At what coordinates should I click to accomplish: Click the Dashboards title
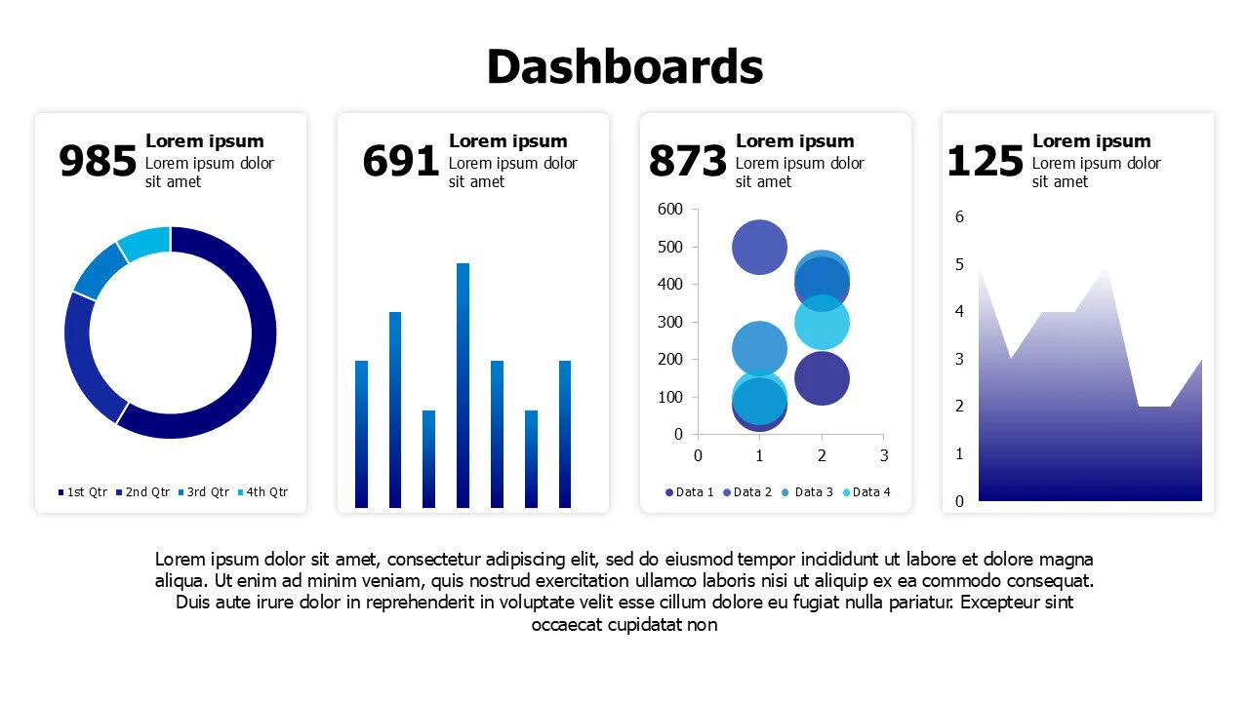coord(624,67)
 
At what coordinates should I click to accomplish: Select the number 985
coord(98,162)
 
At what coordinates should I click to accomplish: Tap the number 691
coord(400,162)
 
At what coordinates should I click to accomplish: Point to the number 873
coord(688,162)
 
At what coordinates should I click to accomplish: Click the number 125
coord(986,162)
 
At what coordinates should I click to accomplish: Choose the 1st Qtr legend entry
coord(82,492)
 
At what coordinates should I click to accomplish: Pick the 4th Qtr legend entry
coord(263,492)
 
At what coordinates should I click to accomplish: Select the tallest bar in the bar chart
coord(463,385)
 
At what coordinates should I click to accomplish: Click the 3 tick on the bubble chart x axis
coord(884,455)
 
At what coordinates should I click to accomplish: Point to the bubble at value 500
coord(759,247)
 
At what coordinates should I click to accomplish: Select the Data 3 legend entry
coord(808,492)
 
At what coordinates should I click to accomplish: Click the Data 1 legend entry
coord(690,492)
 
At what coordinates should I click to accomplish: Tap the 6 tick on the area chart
coord(959,216)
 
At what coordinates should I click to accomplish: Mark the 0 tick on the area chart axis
coord(959,501)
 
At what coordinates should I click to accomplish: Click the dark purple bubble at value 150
coord(822,378)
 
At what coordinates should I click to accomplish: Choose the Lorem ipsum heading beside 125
coord(1091,141)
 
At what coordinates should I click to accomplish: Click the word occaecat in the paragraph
coord(567,625)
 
